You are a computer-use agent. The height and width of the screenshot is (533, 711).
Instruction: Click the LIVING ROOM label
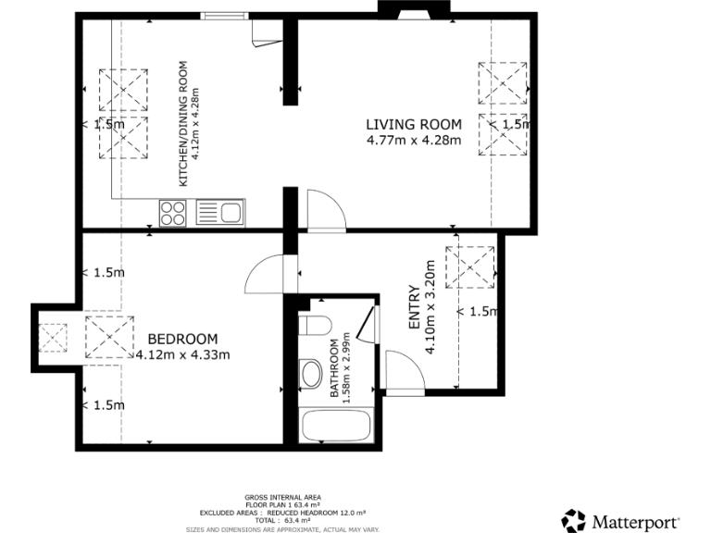click(x=414, y=124)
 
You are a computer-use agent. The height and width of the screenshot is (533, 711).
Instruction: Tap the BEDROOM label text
click(x=182, y=339)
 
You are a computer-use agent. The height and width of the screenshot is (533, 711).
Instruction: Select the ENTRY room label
click(x=415, y=307)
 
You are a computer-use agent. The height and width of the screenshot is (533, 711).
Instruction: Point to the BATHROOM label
click(x=334, y=368)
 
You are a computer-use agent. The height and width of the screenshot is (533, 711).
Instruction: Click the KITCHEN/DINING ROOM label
click(x=183, y=124)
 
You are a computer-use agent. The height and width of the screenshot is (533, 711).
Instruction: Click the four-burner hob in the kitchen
click(x=173, y=213)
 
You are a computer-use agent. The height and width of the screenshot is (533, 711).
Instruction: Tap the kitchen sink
click(x=220, y=213)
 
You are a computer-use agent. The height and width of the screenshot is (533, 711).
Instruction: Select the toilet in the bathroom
click(x=315, y=325)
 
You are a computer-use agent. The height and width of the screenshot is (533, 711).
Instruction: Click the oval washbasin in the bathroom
click(x=311, y=374)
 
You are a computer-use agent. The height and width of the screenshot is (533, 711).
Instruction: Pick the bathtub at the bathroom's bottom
click(x=336, y=425)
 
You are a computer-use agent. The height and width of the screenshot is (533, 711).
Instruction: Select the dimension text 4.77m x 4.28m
click(x=414, y=140)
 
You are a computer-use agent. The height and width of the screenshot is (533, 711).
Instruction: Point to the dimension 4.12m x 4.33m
click(x=183, y=354)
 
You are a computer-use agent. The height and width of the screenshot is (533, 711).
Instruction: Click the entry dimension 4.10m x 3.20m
click(x=430, y=306)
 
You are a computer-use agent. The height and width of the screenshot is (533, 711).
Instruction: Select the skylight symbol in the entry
click(x=469, y=267)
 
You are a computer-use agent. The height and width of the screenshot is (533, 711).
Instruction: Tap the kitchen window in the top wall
click(x=225, y=17)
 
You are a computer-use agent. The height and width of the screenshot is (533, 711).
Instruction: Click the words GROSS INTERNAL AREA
click(x=283, y=497)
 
